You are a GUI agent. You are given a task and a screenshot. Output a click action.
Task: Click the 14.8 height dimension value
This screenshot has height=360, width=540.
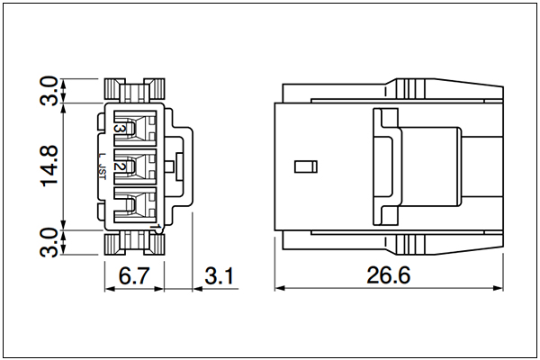(49, 166)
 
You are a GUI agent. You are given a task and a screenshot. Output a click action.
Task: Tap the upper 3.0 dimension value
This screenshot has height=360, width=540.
(49, 91)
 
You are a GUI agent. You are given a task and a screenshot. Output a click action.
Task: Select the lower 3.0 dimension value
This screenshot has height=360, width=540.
(49, 242)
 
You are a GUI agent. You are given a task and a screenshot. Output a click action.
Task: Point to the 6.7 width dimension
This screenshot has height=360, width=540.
(134, 275)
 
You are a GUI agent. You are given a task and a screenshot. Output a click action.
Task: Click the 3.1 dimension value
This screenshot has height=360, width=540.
(219, 275)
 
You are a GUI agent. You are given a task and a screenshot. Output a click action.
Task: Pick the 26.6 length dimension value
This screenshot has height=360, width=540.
(389, 275)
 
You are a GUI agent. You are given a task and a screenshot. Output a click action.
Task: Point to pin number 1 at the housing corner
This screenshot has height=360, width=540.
(158, 227)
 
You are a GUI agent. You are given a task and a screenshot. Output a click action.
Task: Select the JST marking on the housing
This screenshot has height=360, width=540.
(103, 171)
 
